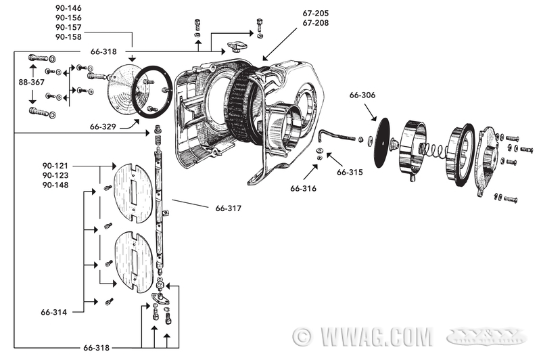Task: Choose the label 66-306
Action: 363,95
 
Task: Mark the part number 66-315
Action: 350,172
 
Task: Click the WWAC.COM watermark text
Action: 366,336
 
